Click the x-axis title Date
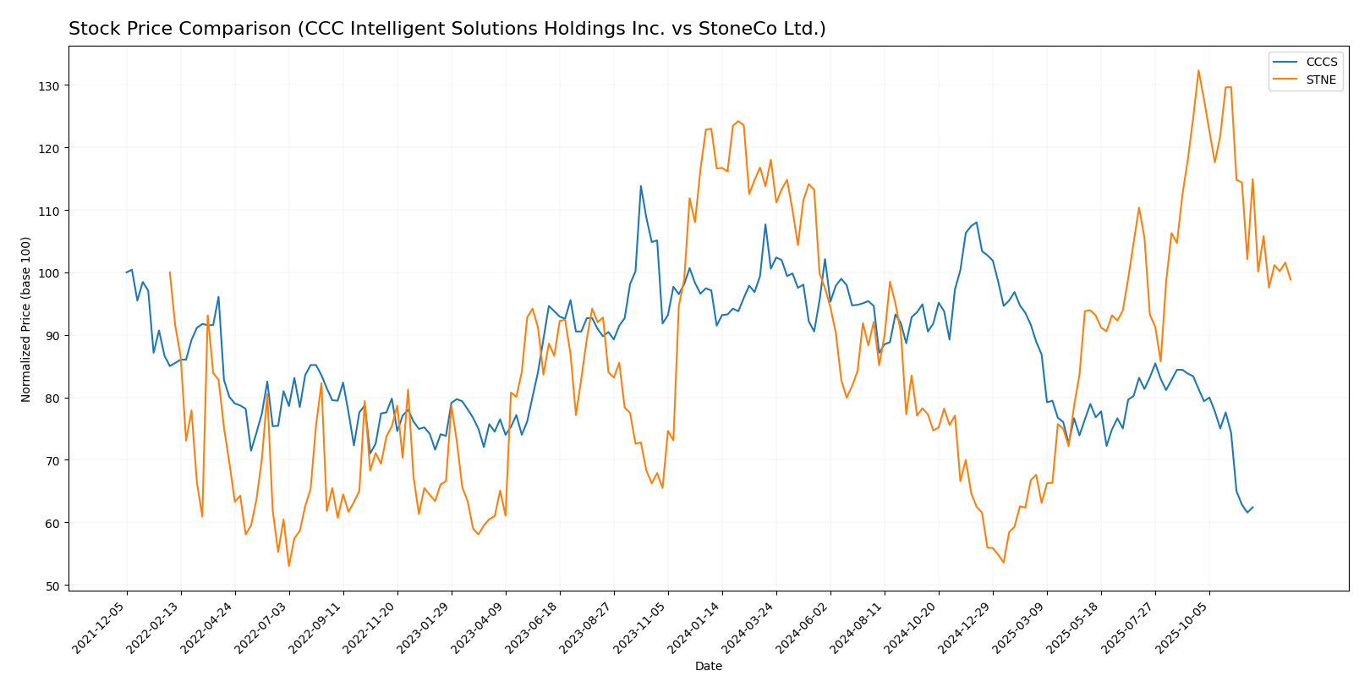(x=708, y=667)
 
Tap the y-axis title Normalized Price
(x=26, y=319)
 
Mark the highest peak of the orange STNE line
(x=1198, y=70)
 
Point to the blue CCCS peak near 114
(x=640, y=186)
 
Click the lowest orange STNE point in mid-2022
(x=288, y=566)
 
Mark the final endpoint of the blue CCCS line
(x=1252, y=508)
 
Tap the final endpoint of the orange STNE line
(x=1291, y=279)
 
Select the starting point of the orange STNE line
(x=170, y=272)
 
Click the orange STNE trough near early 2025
(x=1003, y=563)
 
